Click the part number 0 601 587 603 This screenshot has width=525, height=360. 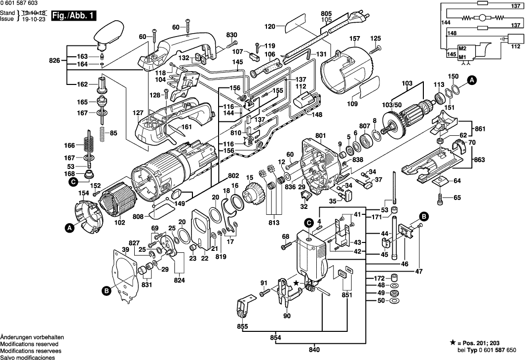tap(19, 3)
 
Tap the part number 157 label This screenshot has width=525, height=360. tap(354, 39)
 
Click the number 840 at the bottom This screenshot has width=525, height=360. tap(314, 350)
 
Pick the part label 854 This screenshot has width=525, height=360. tap(276, 337)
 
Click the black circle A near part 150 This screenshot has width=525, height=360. tap(472, 80)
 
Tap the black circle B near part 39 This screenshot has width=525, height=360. tap(106, 292)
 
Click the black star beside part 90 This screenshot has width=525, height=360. tap(296, 283)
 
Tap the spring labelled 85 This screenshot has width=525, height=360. tap(102, 133)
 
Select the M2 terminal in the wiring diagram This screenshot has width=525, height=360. tap(462, 49)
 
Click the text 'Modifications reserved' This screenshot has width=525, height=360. tap(29, 344)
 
